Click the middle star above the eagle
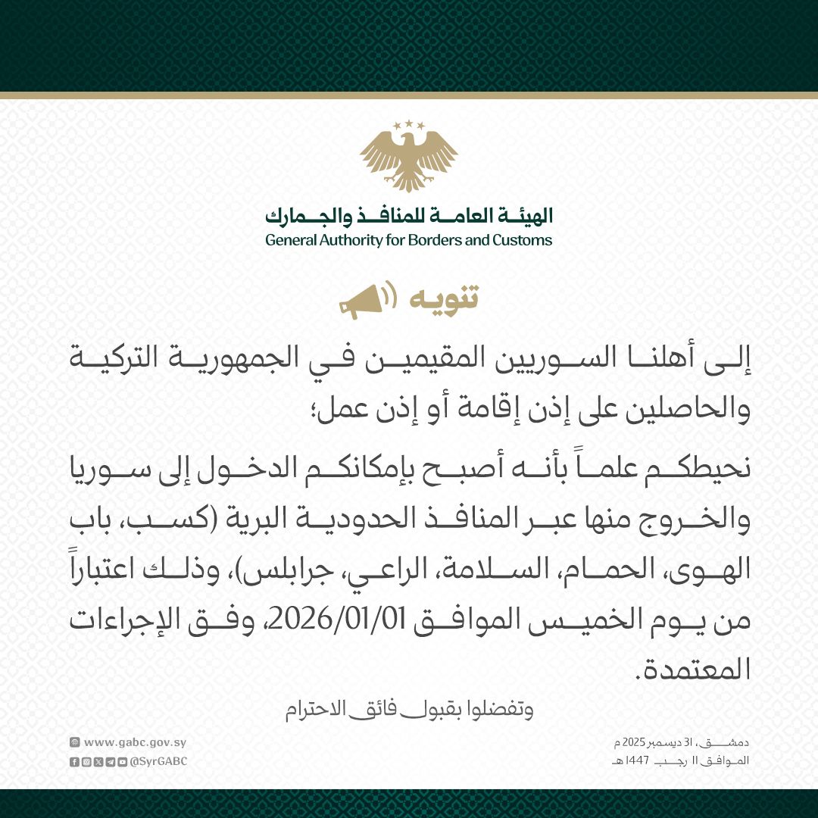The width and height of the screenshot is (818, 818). pyautogui.click(x=409, y=123)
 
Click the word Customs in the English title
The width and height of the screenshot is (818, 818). pyautogui.click(x=524, y=241)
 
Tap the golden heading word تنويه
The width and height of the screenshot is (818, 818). pyautogui.click(x=444, y=298)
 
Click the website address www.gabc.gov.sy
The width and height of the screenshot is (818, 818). pyautogui.click(x=135, y=743)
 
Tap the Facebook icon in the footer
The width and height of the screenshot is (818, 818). pyautogui.click(x=73, y=761)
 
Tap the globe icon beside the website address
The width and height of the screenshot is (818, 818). pyautogui.click(x=74, y=743)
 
